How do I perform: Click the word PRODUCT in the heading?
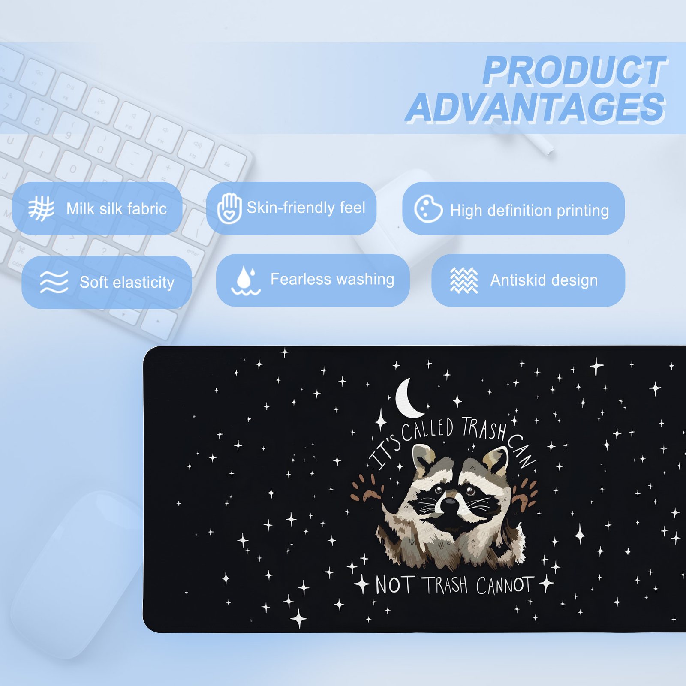click(x=575, y=71)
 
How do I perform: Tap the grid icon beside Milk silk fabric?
click(x=41, y=208)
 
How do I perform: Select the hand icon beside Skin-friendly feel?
click(x=229, y=208)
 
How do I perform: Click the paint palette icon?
click(x=428, y=209)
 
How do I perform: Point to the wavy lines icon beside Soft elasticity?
click(x=54, y=282)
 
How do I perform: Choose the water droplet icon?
click(x=246, y=280)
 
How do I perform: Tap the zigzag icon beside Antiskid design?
click(x=464, y=280)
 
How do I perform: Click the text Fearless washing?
click(x=332, y=279)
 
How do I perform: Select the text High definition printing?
click(x=530, y=211)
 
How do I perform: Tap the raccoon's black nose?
click(x=449, y=505)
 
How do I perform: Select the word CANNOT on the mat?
click(x=505, y=585)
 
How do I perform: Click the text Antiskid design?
click(x=544, y=280)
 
